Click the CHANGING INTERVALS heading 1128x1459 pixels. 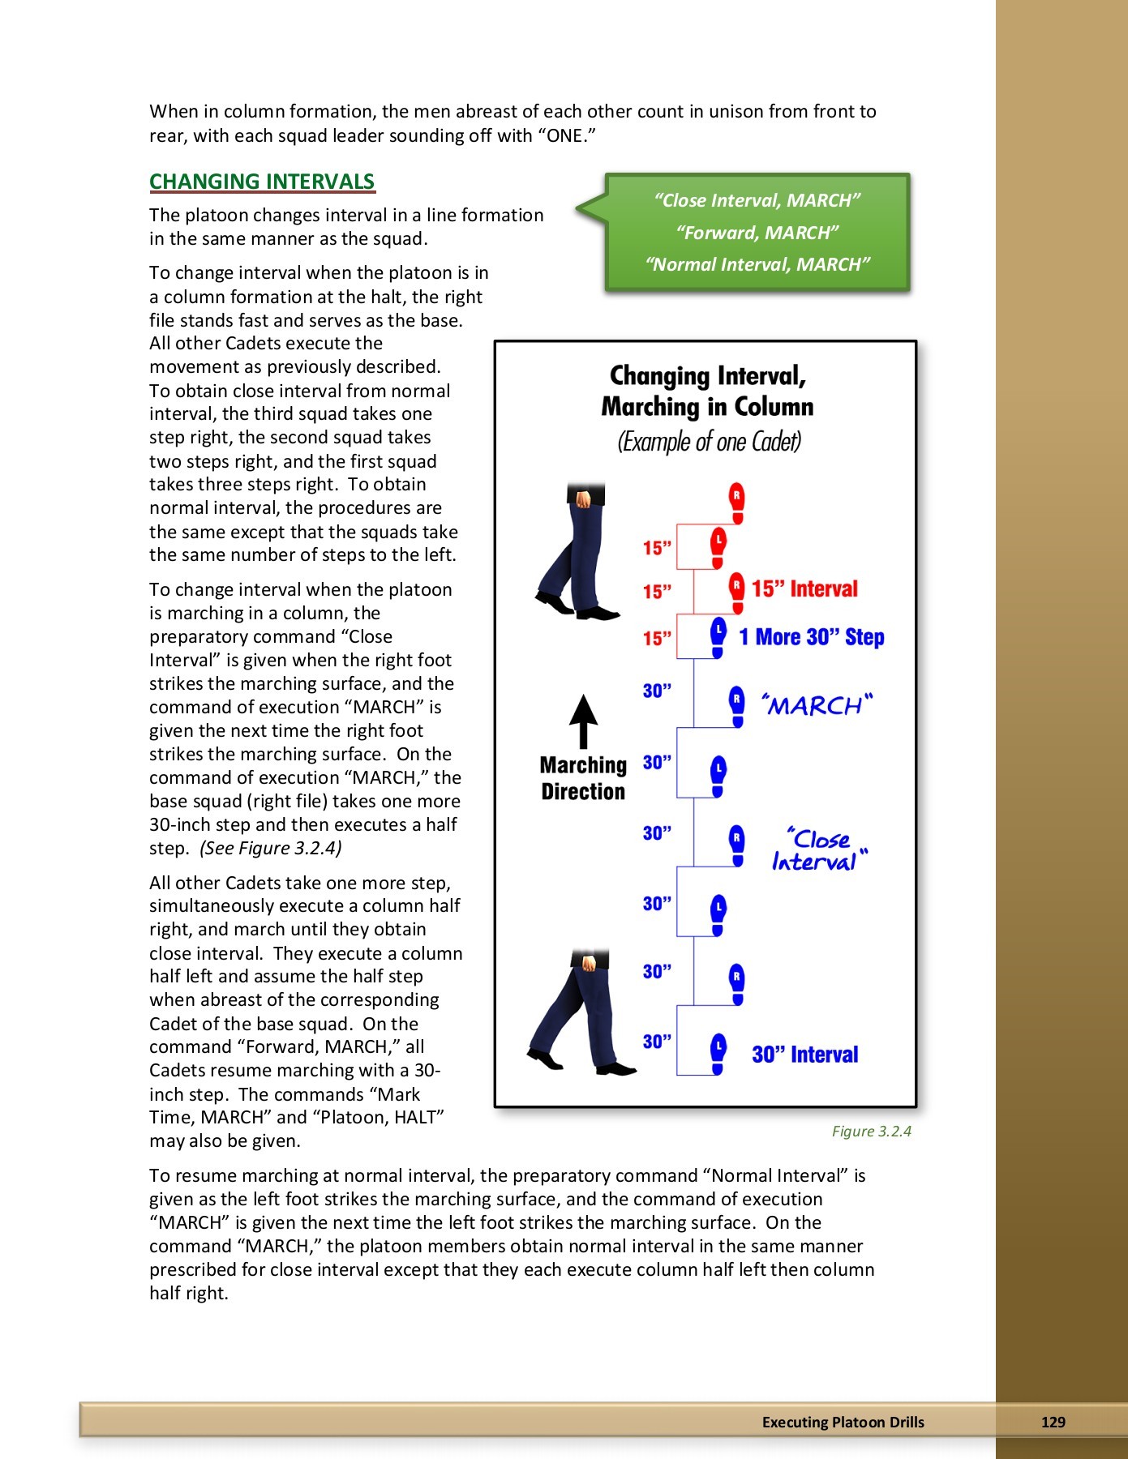[x=262, y=182]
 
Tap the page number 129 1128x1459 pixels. [x=1053, y=1422]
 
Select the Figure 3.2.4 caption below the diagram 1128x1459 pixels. [x=871, y=1131]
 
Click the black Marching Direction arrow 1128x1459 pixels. [x=583, y=721]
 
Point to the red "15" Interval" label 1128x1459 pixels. [x=804, y=589]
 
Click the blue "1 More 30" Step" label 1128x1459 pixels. [x=811, y=637]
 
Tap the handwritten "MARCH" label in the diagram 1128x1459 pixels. [x=816, y=705]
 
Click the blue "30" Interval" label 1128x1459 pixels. [x=804, y=1055]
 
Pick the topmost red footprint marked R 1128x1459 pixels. [x=736, y=503]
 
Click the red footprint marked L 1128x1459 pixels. [x=718, y=547]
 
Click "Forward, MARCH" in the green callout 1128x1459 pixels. [x=757, y=233]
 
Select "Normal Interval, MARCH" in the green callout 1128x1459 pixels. [x=757, y=264]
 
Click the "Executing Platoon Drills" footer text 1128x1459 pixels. [x=843, y=1422]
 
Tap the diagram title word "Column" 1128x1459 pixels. [x=774, y=406]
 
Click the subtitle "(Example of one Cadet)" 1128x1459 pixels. [x=709, y=442]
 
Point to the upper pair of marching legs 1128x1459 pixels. [x=578, y=551]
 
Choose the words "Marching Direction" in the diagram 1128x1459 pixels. [x=583, y=778]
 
